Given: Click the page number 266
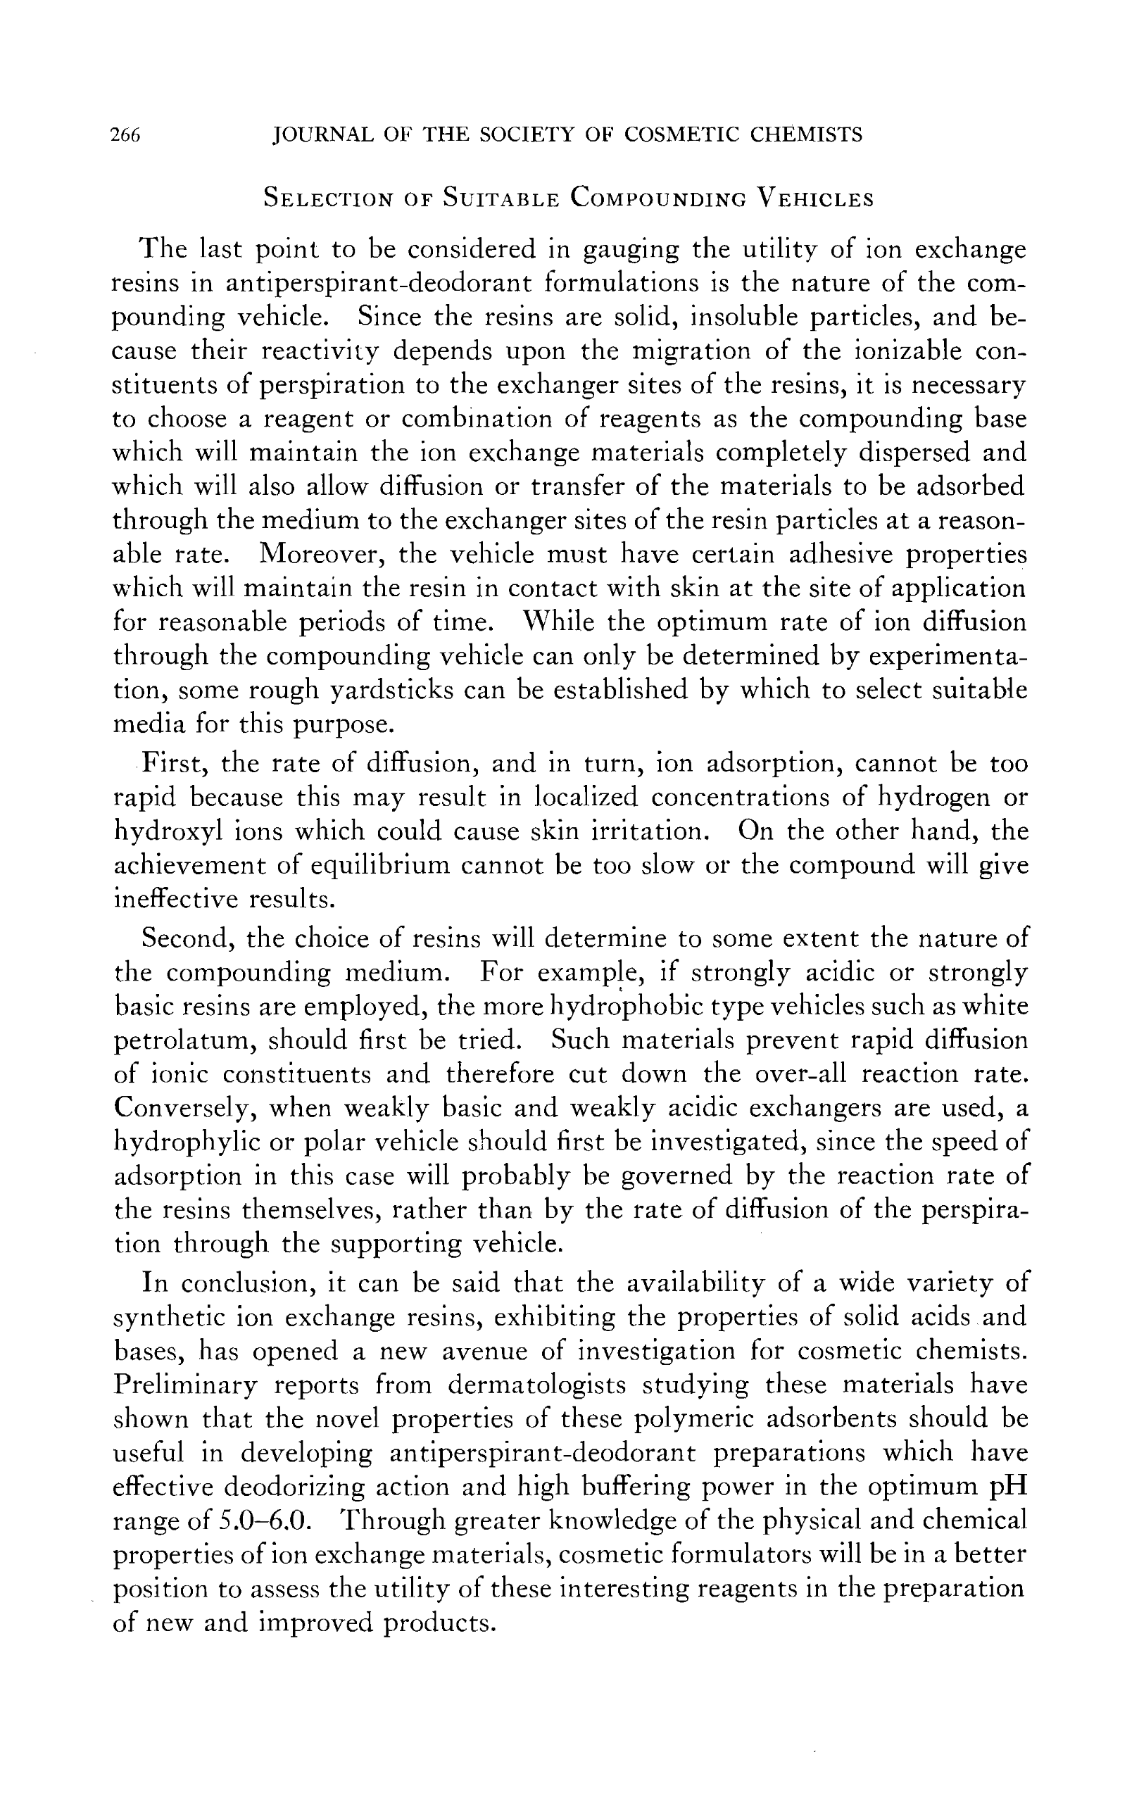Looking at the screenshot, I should (x=125, y=135).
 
